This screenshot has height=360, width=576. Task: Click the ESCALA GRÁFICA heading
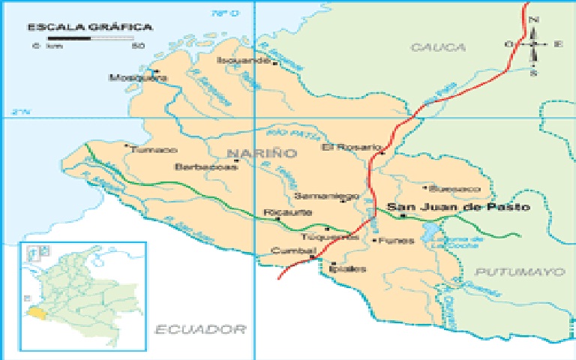click(x=89, y=27)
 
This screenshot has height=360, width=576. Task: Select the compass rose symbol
click(x=534, y=44)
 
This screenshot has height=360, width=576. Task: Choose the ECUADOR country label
click(x=201, y=328)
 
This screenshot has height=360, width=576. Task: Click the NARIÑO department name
click(x=250, y=153)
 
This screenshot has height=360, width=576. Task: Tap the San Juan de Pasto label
click(x=457, y=206)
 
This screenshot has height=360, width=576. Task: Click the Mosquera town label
click(x=133, y=76)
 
